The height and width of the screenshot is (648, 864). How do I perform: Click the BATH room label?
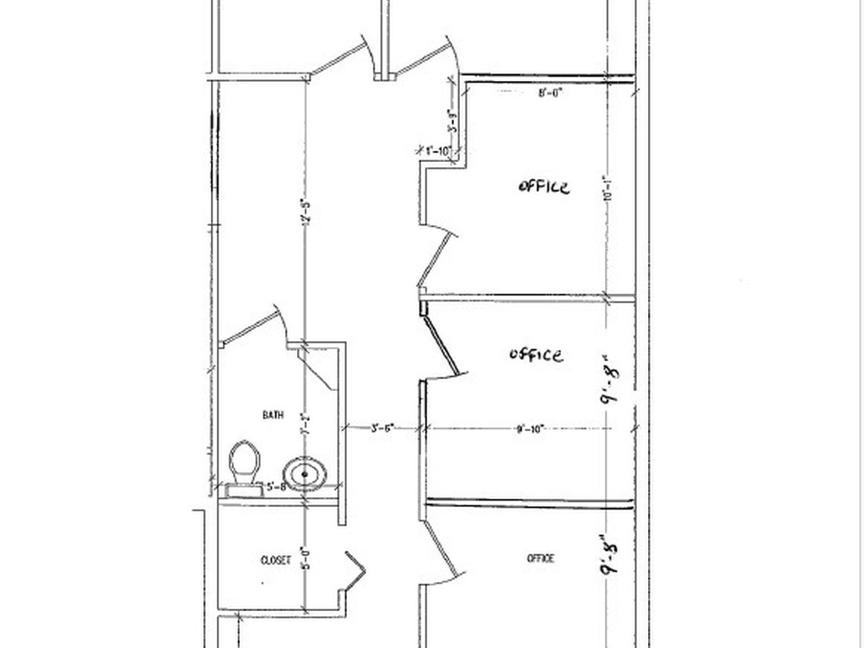coord(273,414)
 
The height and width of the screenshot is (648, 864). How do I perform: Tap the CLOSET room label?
coord(275,559)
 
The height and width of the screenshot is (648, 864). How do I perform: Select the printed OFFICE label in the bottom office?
coord(541,558)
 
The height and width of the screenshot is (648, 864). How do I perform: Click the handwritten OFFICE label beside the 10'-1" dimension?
coord(543,186)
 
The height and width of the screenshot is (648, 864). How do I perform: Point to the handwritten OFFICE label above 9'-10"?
coord(536,354)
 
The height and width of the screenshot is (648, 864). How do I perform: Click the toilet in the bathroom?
coord(244,463)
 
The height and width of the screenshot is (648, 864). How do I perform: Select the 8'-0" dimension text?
coord(550,94)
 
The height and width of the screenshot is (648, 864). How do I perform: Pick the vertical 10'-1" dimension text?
coord(606,187)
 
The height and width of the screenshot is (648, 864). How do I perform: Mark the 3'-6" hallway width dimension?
coord(383,429)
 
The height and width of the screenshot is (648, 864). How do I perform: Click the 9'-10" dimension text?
coord(529,429)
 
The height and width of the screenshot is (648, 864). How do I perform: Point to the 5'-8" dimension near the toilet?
coord(277,487)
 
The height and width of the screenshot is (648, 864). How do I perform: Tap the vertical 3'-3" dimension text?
coord(453,123)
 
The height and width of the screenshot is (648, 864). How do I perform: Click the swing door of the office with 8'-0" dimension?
coord(436,253)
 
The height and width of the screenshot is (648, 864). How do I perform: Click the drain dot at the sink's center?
coord(305,473)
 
